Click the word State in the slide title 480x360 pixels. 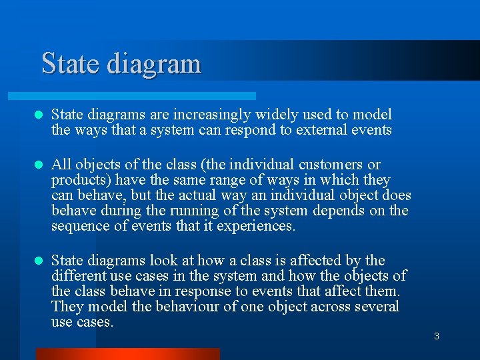tap(69, 64)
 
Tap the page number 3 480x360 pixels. tap(437, 336)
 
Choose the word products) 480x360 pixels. tap(77, 180)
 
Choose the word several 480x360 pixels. tap(377, 307)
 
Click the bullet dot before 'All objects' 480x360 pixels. tap(39, 165)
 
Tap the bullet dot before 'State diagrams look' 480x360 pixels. tap(39, 261)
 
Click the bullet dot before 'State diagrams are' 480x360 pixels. tap(39, 115)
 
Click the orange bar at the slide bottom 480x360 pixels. tap(127, 354)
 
